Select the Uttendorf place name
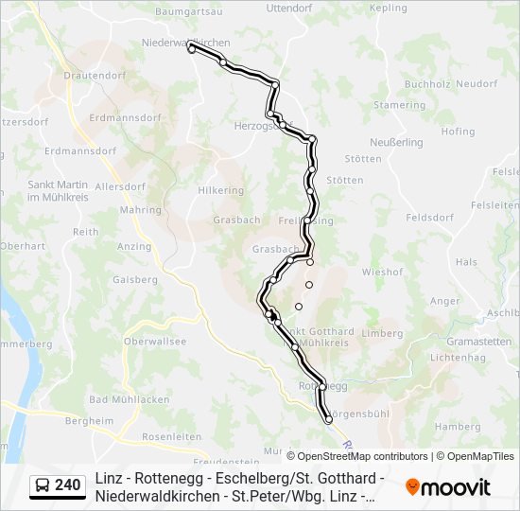pyautogui.click(x=289, y=9)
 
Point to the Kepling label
pyautogui.click(x=388, y=9)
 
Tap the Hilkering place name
pyautogui.click(x=219, y=189)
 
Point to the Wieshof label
pyautogui.click(x=383, y=272)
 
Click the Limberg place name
pyautogui.click(x=383, y=333)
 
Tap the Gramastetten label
pyautogui.click(x=478, y=341)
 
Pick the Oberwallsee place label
pyautogui.click(x=155, y=342)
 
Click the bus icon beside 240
pyautogui.click(x=43, y=485)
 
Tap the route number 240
pyautogui.click(x=67, y=485)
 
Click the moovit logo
pyautogui.click(x=448, y=487)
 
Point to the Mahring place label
pyautogui.click(x=141, y=210)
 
